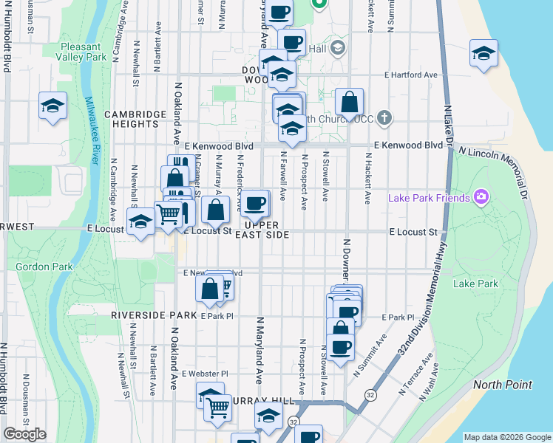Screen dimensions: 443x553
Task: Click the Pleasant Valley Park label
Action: tap(85, 51)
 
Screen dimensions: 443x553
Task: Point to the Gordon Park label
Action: tap(36, 267)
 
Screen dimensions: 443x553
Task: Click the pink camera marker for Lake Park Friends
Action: tap(482, 196)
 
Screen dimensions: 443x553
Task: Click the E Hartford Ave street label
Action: tap(411, 75)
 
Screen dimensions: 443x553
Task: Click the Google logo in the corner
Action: tap(24, 434)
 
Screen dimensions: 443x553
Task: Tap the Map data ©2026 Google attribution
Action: tap(506, 437)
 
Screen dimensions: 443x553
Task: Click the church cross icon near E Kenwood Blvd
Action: tap(384, 117)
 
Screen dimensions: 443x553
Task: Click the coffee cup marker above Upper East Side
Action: tap(256, 204)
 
